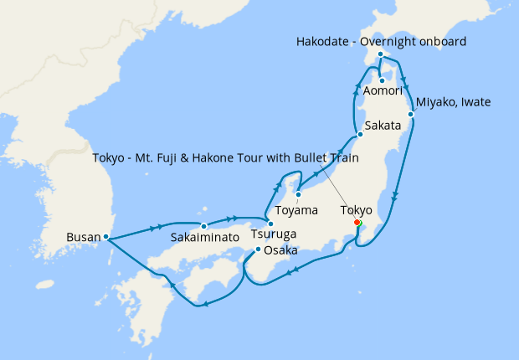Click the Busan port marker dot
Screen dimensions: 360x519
(106, 237)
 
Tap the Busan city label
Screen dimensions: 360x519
(83, 237)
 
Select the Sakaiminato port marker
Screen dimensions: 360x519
(203, 225)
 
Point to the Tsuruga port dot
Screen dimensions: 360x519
(270, 224)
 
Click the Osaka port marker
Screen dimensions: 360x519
(258, 249)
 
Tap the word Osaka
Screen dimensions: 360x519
(280, 250)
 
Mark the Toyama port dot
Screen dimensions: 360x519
(298, 196)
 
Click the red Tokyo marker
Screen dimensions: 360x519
(357, 223)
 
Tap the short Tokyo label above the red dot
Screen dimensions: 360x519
(355, 209)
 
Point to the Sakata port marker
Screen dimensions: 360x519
(359, 134)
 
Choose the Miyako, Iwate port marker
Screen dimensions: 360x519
(411, 114)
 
